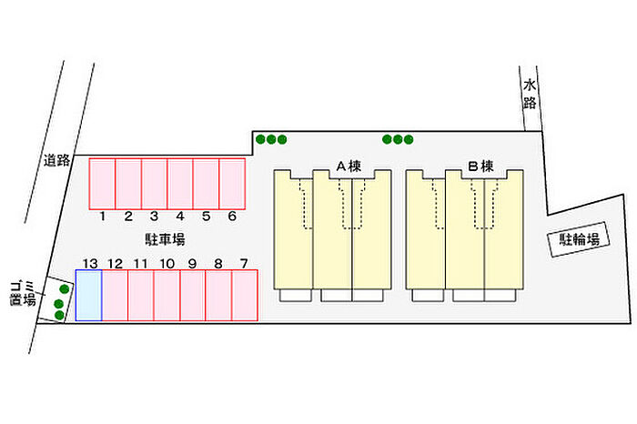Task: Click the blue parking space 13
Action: (88, 295)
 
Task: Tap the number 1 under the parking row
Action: (103, 217)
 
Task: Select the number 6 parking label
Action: (232, 217)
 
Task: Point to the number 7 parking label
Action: (243, 264)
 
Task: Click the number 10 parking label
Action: (167, 264)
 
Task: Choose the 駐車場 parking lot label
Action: (166, 239)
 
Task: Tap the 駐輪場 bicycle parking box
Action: (579, 240)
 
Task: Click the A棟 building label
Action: (350, 167)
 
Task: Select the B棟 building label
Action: (480, 167)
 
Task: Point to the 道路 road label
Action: (56, 161)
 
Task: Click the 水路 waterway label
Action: (530, 94)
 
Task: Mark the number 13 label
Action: (89, 264)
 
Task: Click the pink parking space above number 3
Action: (155, 183)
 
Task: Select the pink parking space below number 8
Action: (218, 295)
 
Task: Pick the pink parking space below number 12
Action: (115, 295)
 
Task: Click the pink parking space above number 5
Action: (207, 183)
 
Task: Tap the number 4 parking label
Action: (180, 217)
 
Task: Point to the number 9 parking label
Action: (193, 264)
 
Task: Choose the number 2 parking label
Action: (128, 217)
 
